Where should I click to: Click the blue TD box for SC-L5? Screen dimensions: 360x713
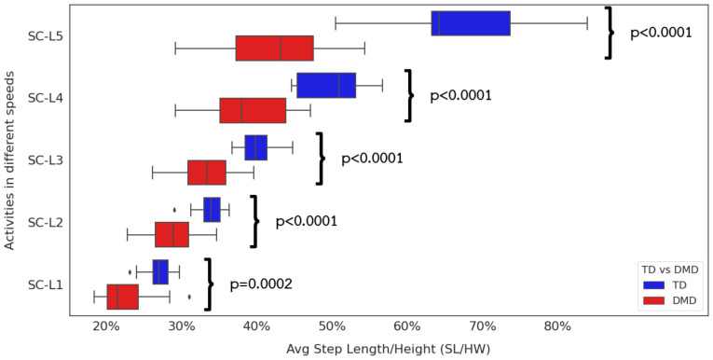471,23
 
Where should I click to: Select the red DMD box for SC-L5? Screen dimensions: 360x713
274,48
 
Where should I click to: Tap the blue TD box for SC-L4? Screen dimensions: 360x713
326,85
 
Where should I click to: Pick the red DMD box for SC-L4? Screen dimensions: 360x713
253,110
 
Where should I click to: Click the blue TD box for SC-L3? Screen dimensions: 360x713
256,147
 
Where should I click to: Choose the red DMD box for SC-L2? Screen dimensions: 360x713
172,234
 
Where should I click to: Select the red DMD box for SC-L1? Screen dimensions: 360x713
123,297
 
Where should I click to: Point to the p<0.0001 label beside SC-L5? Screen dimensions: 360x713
661,33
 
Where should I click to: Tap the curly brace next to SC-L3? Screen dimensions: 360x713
322,158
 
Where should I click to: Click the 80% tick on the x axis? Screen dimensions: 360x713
557,325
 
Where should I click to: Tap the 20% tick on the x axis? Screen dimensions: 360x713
106,325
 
